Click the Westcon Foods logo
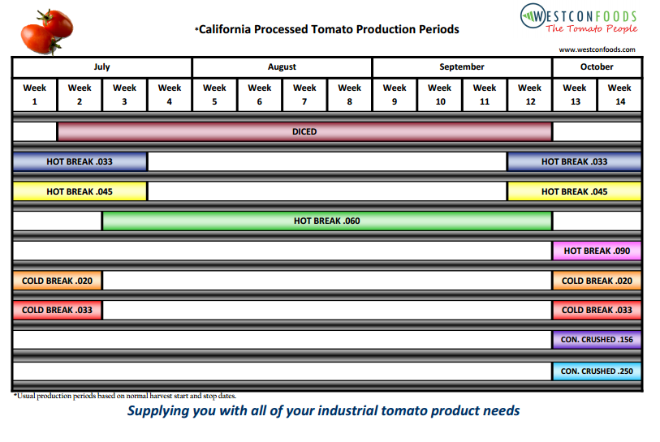578,20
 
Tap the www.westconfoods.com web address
597,49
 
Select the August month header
282,67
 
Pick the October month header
597,67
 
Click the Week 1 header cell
35,94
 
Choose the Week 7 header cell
304,94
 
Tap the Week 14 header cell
619,94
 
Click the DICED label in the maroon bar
304,131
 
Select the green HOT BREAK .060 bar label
326,221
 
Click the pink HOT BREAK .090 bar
597,251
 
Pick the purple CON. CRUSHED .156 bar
597,340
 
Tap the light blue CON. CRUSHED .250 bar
597,371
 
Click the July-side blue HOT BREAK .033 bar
80,161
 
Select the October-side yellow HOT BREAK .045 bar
574,191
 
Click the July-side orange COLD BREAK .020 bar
57,281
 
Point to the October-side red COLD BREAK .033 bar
597,310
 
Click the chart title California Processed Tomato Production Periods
328,30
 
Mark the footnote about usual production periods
125,396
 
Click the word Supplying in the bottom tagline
157,410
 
